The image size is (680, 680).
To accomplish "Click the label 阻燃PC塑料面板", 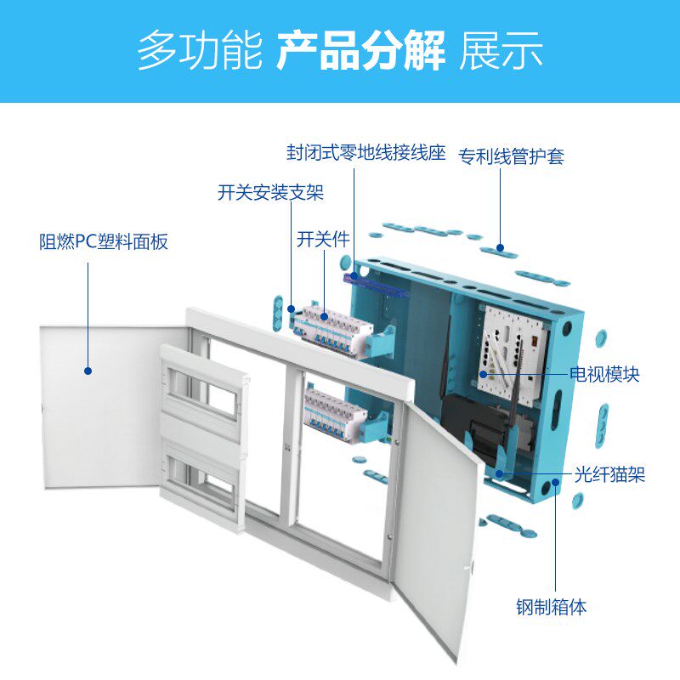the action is point(103,241).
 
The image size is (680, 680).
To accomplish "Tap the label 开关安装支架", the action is point(270,193).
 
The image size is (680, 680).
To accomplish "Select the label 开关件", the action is point(323,239).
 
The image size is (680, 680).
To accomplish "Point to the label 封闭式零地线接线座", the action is point(366,153).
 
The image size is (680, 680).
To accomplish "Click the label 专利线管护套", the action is point(512,156).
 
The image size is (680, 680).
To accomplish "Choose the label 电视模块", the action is point(604,374).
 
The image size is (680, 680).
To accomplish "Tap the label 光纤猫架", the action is point(609,474).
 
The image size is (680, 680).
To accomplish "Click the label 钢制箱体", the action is point(551,607).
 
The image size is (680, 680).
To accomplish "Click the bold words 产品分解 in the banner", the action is point(360,51).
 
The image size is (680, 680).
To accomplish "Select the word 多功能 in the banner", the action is point(200,51).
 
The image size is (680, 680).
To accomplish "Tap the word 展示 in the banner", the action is point(501,51).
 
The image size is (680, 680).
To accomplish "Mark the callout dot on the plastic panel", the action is point(88,371).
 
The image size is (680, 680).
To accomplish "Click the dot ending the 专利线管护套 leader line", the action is point(500,247).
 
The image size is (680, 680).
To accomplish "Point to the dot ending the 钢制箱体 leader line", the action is point(556,482).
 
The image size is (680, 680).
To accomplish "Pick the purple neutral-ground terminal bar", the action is point(377,285).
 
